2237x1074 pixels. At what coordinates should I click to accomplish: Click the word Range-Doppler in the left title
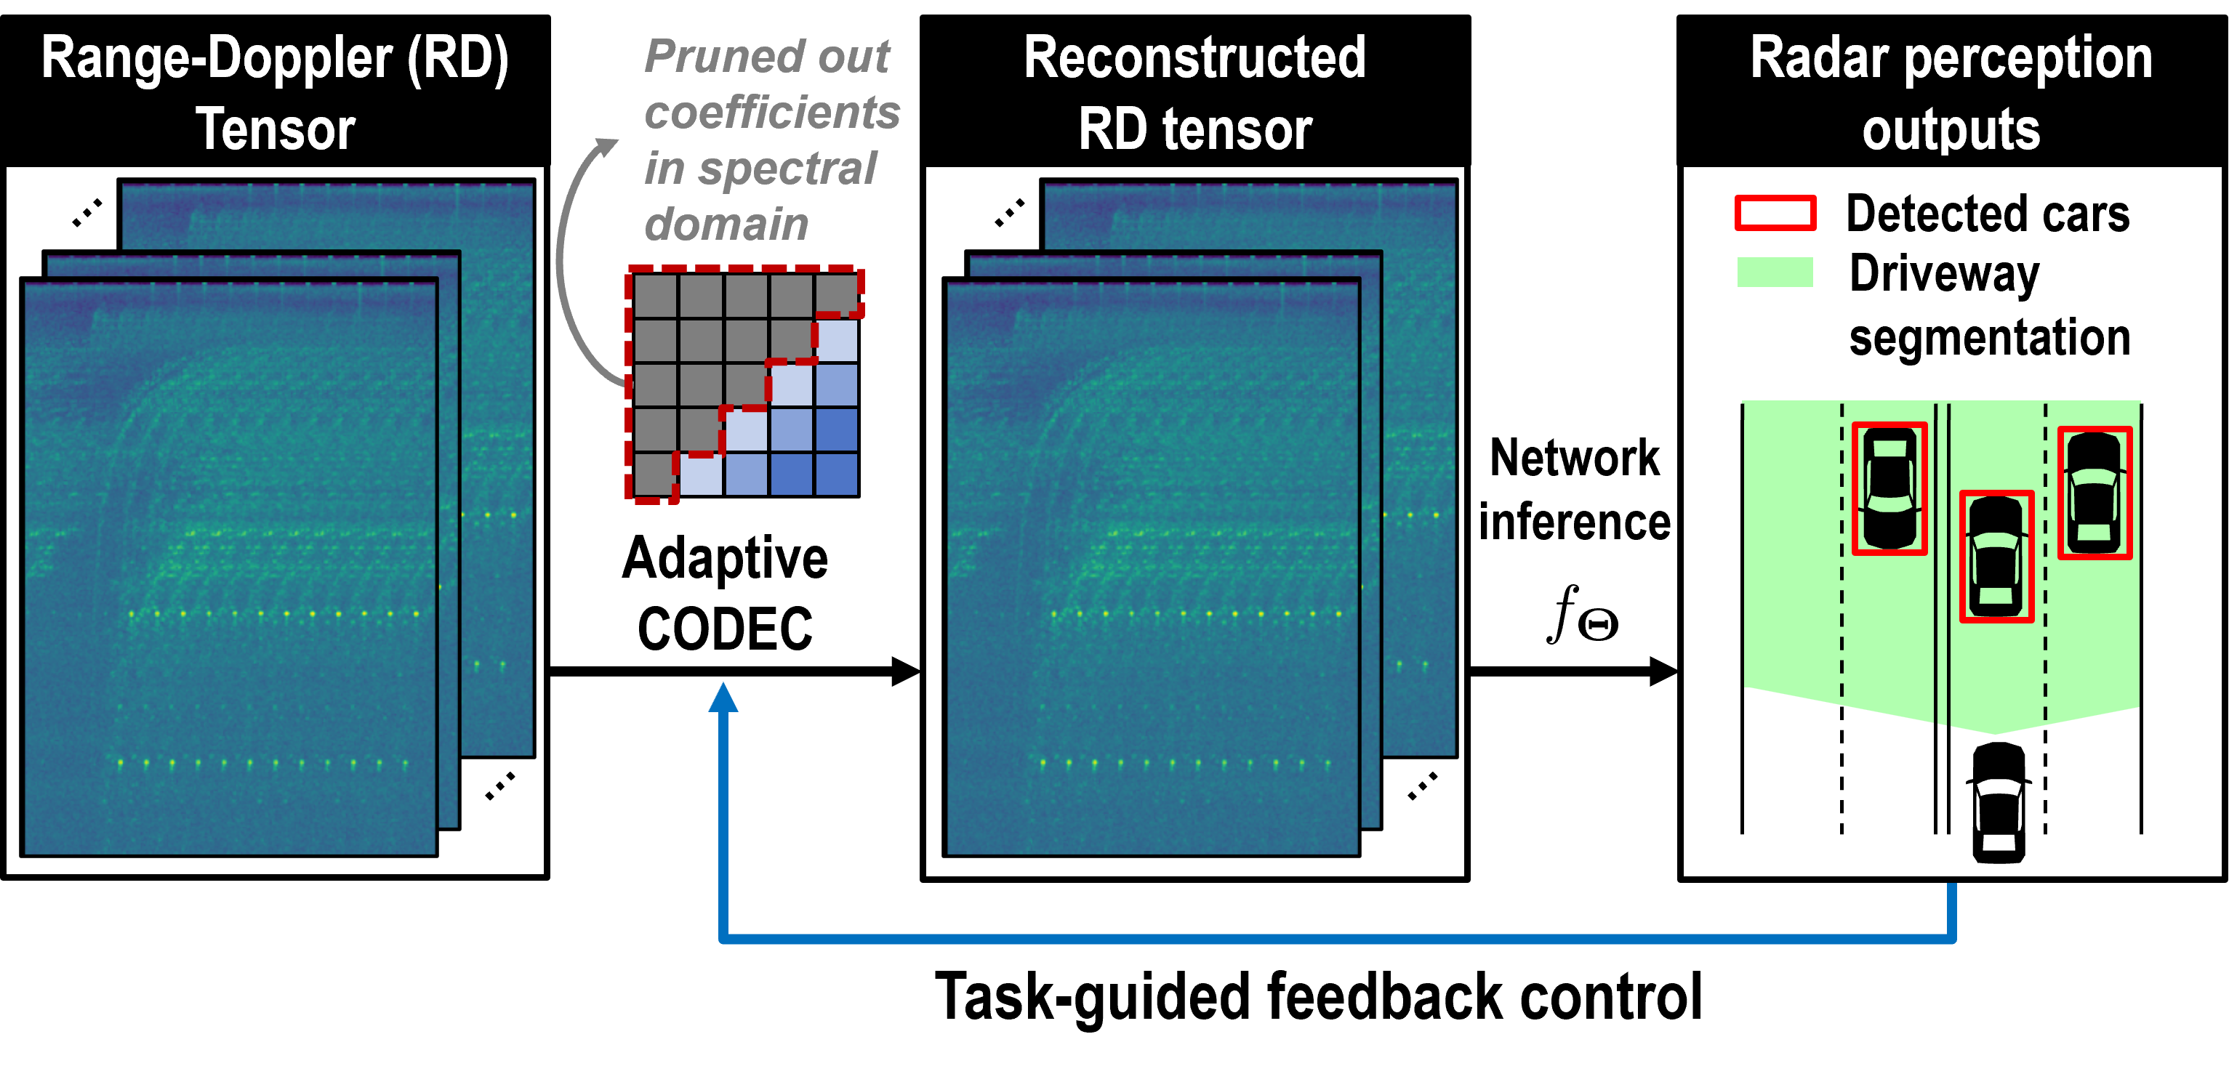[x=217, y=59]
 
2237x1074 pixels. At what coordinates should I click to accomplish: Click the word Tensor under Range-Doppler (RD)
[x=276, y=130]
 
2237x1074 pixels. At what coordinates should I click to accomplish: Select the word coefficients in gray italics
[x=772, y=113]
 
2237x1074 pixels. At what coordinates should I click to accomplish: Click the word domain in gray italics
[x=726, y=225]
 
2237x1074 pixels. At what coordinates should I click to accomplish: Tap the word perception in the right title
[x=2028, y=59]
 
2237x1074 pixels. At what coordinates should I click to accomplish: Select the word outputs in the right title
[x=1951, y=130]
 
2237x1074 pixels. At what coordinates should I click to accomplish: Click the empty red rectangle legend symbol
[x=1775, y=213]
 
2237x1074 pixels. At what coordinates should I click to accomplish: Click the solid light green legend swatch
[x=1775, y=272]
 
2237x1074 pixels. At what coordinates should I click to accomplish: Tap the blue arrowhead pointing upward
[x=723, y=697]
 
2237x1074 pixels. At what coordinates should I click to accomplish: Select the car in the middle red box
[x=1996, y=557]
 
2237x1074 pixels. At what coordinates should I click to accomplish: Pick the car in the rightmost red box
[x=2095, y=492]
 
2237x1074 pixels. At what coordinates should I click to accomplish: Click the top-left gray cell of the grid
[x=656, y=296]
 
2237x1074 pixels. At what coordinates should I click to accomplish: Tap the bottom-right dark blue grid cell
[x=836, y=474]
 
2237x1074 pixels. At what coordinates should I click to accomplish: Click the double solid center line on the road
[x=1943, y=565]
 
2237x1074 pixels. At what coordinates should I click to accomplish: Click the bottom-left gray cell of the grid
[x=654, y=474]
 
